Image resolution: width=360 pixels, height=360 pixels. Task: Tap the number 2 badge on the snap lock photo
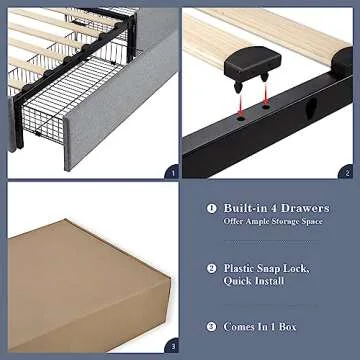[345, 171]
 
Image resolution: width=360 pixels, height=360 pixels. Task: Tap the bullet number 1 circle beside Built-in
[211, 208]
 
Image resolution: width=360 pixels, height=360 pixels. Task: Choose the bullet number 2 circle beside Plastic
[211, 268]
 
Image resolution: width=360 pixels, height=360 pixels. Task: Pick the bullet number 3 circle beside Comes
[211, 326]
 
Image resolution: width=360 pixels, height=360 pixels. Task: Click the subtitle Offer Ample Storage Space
[274, 221]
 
